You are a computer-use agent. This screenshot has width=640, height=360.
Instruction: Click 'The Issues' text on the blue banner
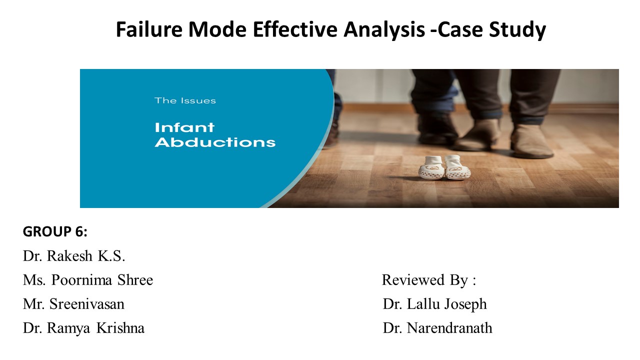(x=185, y=100)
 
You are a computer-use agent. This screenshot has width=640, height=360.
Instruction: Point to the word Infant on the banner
(x=184, y=127)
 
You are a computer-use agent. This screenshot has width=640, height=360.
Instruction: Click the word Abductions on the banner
(x=215, y=142)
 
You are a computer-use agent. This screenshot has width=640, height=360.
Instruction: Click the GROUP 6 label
(x=55, y=232)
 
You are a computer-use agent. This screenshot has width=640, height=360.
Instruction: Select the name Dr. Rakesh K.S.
(x=74, y=256)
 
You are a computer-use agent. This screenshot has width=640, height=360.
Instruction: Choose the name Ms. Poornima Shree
(x=88, y=280)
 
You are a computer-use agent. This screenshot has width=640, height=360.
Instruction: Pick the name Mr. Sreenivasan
(x=73, y=304)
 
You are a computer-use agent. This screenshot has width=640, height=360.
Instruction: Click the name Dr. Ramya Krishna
(x=83, y=328)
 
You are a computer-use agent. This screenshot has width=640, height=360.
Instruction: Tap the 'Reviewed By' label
(x=428, y=280)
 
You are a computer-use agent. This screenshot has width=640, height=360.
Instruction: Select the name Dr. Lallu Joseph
(x=434, y=304)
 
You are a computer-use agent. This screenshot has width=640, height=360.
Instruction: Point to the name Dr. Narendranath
(x=437, y=328)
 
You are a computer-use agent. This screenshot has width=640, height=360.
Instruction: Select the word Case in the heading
(x=462, y=30)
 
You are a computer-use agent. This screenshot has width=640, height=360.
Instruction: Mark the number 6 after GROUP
(x=79, y=232)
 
